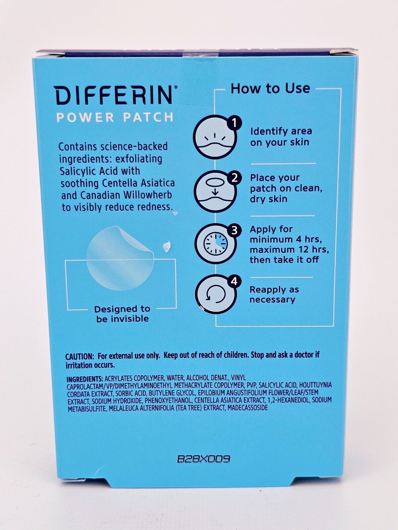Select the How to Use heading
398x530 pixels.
[x=270, y=88]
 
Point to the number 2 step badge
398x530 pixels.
[x=234, y=178]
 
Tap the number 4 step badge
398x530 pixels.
[x=234, y=282]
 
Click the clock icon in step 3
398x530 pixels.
[x=216, y=245]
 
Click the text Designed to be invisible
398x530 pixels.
[x=122, y=314]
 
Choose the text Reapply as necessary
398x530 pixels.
[x=274, y=294]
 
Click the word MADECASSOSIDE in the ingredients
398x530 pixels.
[x=248, y=408]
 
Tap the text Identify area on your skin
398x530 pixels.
[x=281, y=137]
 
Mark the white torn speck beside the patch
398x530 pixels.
[x=166, y=246]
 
